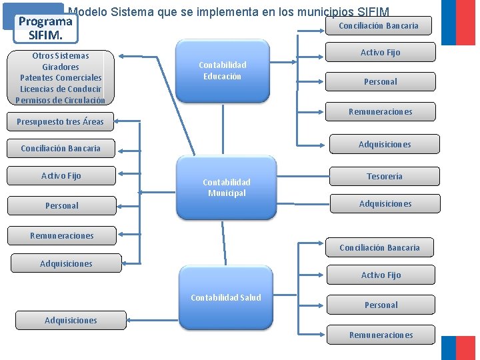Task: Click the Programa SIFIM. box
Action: tap(45, 27)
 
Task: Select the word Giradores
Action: tap(60, 67)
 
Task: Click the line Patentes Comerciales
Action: tap(61, 78)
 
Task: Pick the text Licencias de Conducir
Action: tap(61, 89)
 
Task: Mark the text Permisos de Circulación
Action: tap(60, 100)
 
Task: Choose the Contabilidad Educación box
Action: tap(223, 71)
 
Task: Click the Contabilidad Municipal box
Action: tap(226, 187)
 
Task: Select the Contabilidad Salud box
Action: tap(226, 297)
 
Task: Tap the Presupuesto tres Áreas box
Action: tap(60, 121)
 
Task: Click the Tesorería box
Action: tap(385, 176)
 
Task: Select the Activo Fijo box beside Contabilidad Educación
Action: tap(380, 52)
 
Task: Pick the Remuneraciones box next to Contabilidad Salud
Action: tap(381, 335)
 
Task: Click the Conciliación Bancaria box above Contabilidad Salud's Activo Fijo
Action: tap(379, 247)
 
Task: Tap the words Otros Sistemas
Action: tap(60, 56)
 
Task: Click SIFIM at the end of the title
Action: tap(373, 11)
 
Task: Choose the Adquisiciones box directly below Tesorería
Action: tap(385, 203)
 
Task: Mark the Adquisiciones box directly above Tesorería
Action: tap(385, 144)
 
